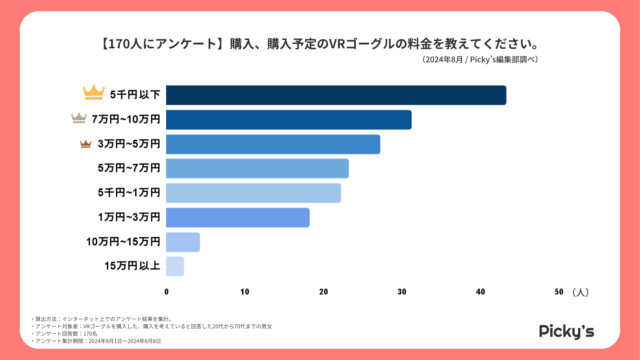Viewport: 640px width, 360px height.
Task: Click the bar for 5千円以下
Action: tap(336, 95)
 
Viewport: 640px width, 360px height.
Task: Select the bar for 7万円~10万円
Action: tap(289, 120)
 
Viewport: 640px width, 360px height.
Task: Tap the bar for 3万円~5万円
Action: tap(273, 144)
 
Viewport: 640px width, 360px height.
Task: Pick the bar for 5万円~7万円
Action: tap(257, 169)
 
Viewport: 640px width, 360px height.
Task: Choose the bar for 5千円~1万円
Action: tap(253, 193)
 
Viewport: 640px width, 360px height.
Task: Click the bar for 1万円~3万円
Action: tap(238, 218)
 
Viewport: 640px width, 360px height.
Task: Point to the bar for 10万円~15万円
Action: tap(183, 242)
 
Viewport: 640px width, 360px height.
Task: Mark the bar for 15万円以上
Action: tap(175, 266)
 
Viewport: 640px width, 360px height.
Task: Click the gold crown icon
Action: tap(94, 92)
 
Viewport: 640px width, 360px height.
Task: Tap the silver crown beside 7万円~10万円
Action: tap(79, 118)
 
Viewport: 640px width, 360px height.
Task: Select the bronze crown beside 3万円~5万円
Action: tap(86, 144)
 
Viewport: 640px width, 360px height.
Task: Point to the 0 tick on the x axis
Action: tap(166, 292)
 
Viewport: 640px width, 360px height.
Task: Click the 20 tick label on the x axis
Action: tap(323, 292)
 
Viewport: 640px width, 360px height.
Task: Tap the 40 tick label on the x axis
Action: tap(480, 292)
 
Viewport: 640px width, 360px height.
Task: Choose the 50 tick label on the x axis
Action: tap(559, 292)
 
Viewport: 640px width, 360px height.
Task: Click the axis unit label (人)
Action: tap(580, 292)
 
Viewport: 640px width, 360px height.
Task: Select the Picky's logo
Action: tap(566, 331)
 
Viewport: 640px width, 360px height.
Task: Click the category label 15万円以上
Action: tap(132, 266)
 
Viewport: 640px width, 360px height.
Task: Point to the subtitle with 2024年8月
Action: tap(480, 60)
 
